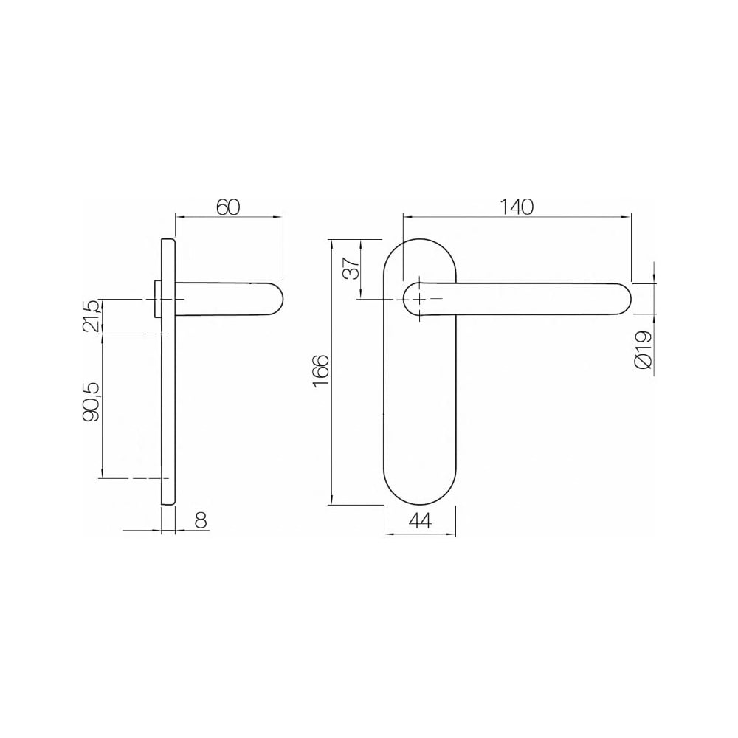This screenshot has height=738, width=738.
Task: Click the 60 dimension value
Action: pos(228,207)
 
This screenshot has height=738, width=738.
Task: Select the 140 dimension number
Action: pos(517,207)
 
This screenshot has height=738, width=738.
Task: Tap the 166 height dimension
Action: pos(321,371)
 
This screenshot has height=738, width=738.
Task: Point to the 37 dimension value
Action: pos(351,268)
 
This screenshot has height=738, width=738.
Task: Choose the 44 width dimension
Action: pos(420,520)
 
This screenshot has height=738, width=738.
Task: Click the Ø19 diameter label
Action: pos(644,349)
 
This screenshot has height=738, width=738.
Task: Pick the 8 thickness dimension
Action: pos(201,520)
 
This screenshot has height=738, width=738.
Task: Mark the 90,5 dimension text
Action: pos(92,401)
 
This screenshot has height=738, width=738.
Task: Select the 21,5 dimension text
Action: pos(92,316)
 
